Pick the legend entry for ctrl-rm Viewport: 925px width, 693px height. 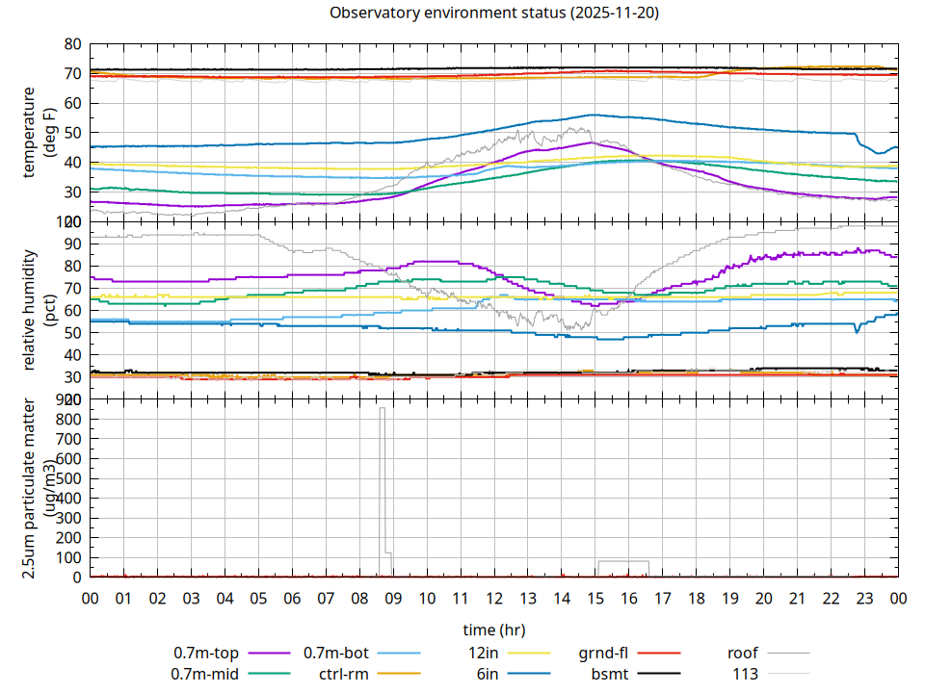click(344, 673)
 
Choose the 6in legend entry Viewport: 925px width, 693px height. click(488, 673)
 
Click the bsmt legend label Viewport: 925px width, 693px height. click(610, 673)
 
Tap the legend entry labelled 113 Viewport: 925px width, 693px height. click(746, 673)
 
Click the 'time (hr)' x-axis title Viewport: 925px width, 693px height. click(493, 629)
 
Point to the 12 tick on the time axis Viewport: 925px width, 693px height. click(493, 598)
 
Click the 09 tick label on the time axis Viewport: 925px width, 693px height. click(393, 598)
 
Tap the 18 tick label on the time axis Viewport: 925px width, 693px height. click(696, 598)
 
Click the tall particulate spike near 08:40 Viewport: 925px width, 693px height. click(383, 481)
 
